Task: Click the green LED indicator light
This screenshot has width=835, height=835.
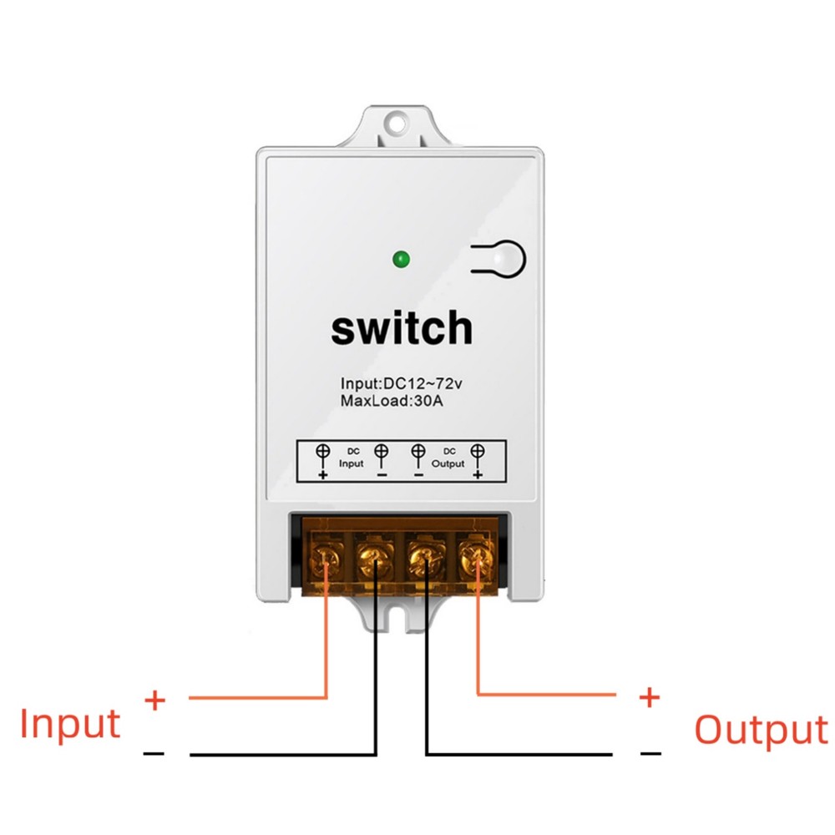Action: point(402,260)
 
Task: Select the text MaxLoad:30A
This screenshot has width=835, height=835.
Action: point(392,401)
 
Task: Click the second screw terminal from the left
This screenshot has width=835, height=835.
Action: point(376,558)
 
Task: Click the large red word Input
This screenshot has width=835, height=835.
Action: point(71,723)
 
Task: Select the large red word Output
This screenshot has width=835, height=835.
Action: point(761,729)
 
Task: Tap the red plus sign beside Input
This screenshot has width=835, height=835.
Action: point(154,699)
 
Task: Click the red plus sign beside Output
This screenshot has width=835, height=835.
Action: point(649,697)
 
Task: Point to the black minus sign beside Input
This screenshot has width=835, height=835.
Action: point(154,754)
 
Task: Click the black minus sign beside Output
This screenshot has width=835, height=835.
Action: point(650,753)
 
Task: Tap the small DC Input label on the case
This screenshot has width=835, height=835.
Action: point(352,458)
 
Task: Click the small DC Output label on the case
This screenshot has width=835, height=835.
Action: point(448,458)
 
